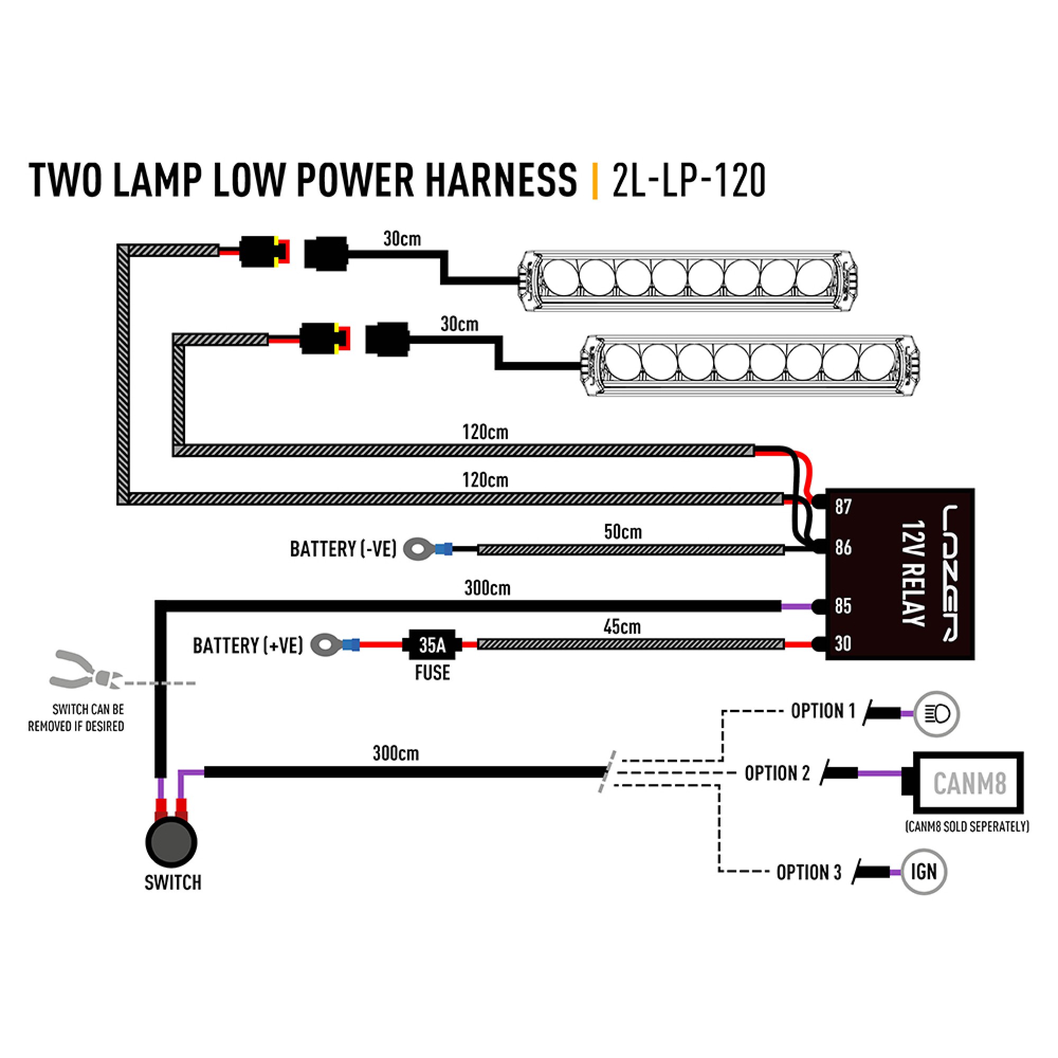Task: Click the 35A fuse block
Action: pyautogui.click(x=432, y=644)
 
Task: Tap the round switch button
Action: pyautogui.click(x=171, y=842)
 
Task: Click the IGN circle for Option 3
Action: pyautogui.click(x=924, y=872)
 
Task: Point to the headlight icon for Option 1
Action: pyautogui.click(x=936, y=714)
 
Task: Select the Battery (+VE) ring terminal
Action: pyautogui.click(x=326, y=644)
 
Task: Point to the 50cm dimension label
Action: pyautogui.click(x=623, y=532)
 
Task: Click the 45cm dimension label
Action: pyautogui.click(x=622, y=626)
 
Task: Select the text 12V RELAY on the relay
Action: pyautogui.click(x=914, y=573)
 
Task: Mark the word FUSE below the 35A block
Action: pyautogui.click(x=432, y=672)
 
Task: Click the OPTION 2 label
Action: pyautogui.click(x=777, y=773)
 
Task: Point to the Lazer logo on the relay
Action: pyautogui.click(x=950, y=573)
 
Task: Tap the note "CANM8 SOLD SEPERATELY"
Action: pyautogui.click(x=967, y=826)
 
